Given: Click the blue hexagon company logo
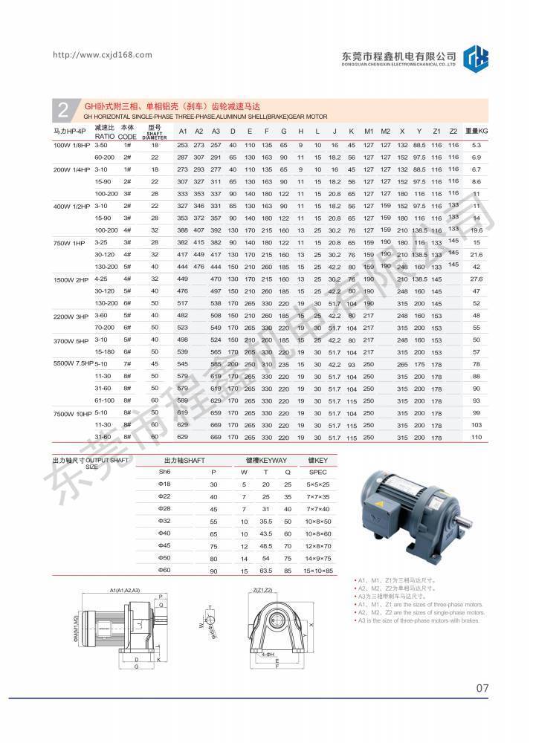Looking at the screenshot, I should (476, 58).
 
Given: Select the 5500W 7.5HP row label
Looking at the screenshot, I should (74, 363).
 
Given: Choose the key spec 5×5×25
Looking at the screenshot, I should (317, 484).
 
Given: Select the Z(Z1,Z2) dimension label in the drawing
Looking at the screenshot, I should (264, 590).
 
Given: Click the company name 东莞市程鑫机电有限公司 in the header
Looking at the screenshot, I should (398, 55).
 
